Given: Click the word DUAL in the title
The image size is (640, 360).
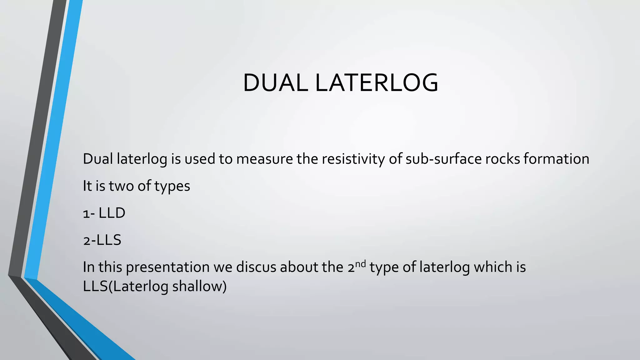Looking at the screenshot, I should pyautogui.click(x=275, y=83).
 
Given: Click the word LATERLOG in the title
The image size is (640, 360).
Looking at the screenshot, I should pyautogui.click(x=376, y=83).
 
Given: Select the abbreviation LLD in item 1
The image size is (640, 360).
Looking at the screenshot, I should pyautogui.click(x=112, y=213).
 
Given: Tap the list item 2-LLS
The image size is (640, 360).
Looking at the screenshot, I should pyautogui.click(x=102, y=240).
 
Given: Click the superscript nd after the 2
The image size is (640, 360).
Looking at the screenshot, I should pyautogui.click(x=360, y=264).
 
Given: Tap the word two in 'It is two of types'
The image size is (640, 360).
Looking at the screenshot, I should pyautogui.click(x=121, y=186).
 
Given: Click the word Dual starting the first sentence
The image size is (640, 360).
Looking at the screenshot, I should pyautogui.click(x=98, y=159).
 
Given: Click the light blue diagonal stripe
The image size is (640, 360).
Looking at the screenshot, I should pyautogui.click(x=53, y=141).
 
